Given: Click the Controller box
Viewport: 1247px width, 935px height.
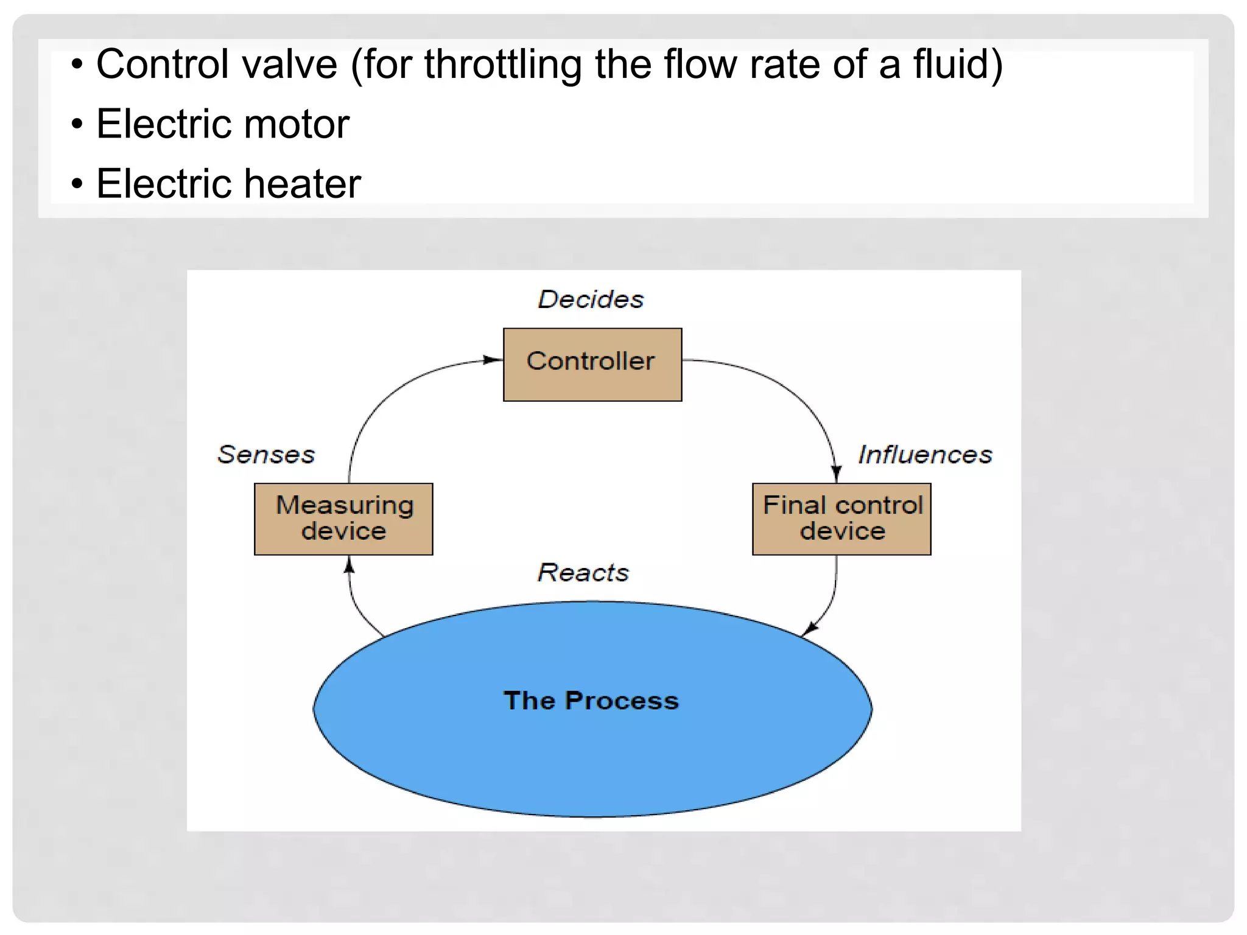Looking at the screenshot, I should click(x=592, y=364).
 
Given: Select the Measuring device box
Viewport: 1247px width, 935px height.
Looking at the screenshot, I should click(x=343, y=519).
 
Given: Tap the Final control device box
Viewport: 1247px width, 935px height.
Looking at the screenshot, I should click(x=841, y=519).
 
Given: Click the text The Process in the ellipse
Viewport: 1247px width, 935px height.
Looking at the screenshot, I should click(x=591, y=700).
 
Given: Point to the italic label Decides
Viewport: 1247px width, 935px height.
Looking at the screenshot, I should click(x=591, y=299).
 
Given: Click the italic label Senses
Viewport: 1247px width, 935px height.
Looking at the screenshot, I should click(x=266, y=455).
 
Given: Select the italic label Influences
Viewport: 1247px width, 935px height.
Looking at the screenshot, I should click(x=925, y=455).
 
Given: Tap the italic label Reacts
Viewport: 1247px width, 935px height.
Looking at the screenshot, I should click(x=583, y=573).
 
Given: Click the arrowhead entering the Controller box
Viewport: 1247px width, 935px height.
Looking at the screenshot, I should click(x=492, y=360).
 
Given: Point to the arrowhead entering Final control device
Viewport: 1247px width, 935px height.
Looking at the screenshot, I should click(x=837, y=474).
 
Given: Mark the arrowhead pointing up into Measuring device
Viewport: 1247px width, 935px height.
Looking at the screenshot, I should click(x=349, y=566).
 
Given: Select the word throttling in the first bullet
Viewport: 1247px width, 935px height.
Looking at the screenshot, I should click(x=503, y=65).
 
